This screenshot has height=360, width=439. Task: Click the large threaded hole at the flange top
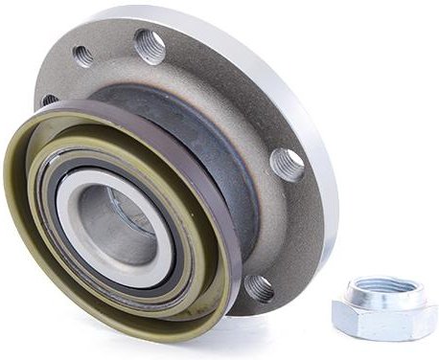[150, 46]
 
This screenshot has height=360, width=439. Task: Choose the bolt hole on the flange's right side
[287, 163]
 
